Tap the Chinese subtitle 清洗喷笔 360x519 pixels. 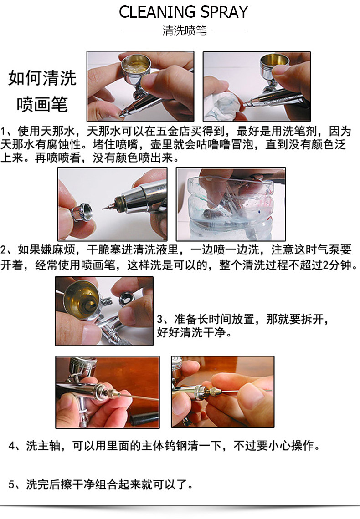tap(185, 31)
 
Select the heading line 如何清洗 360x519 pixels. tap(42, 78)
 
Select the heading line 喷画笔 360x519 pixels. tap(42, 105)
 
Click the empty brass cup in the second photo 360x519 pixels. tap(274, 65)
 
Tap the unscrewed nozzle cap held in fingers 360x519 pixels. tap(82, 212)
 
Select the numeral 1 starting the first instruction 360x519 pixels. tap(3, 132)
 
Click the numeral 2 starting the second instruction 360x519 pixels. tap(3, 250)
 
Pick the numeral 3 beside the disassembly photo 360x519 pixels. tap(160, 320)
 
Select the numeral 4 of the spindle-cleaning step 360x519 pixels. tap(11, 446)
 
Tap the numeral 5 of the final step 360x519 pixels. tap(11, 485)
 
